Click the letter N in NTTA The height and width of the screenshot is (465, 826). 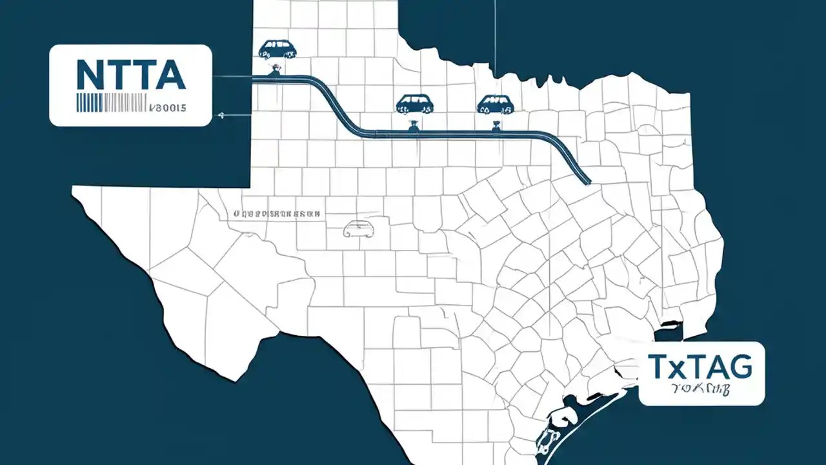point(88,76)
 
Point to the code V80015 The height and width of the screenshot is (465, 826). point(167,107)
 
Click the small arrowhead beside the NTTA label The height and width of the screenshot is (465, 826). point(221,116)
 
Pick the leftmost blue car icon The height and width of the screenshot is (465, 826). point(276,49)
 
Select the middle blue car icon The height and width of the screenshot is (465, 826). point(414,103)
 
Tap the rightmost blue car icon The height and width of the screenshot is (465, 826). point(495,103)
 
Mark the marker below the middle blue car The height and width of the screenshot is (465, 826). point(413,124)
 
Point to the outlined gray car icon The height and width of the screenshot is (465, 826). point(359,229)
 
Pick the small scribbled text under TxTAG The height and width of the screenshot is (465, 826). point(703,389)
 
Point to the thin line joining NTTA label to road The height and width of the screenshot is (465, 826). point(232,77)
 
